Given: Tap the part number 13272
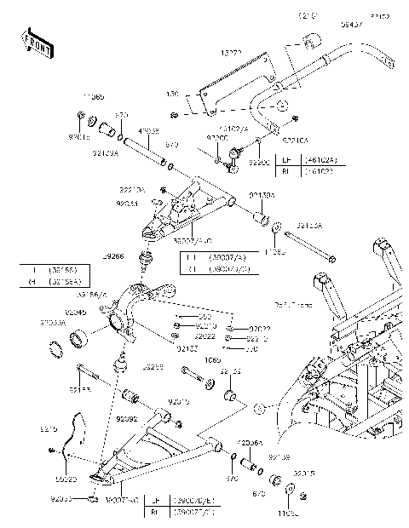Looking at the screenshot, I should click(232, 53).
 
